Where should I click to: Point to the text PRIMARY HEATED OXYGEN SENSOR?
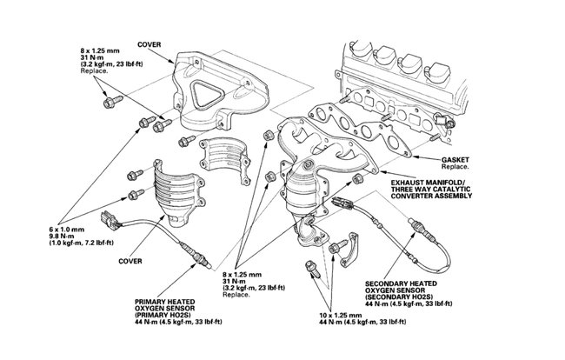(x=169, y=305)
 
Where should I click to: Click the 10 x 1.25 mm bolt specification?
(x=341, y=310)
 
